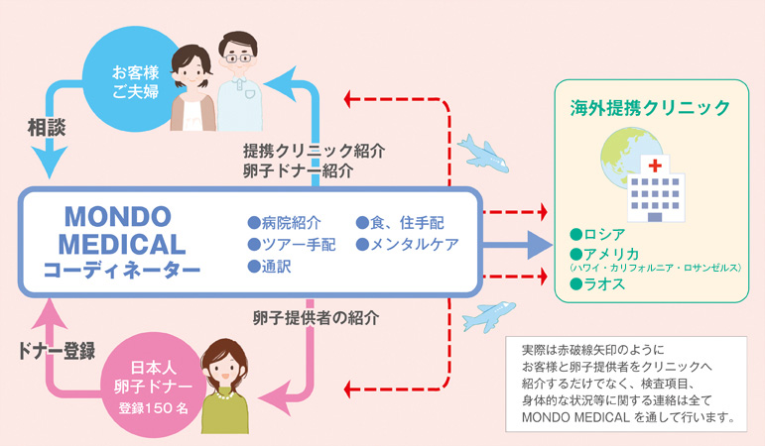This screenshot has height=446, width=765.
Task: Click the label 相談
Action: click(47, 128)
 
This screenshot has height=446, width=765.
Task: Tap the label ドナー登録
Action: click(57, 351)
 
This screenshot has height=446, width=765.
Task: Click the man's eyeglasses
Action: click(238, 58)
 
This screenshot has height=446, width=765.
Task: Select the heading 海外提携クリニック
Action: click(650, 107)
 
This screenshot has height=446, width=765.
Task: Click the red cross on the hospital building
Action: click(655, 166)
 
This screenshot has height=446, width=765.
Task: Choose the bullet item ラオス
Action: click(597, 283)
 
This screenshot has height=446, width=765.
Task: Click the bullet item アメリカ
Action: click(604, 254)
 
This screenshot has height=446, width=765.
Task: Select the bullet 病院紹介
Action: click(285, 223)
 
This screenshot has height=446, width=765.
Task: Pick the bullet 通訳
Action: click(269, 267)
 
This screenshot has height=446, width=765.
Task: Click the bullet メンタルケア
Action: click(408, 244)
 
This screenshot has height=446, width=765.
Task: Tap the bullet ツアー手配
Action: click(292, 244)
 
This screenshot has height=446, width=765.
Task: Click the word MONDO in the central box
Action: click(118, 216)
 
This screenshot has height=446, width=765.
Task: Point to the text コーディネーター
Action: click(122, 270)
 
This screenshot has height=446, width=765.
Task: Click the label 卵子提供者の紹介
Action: click(317, 318)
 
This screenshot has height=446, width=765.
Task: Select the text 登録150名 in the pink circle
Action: click(153, 407)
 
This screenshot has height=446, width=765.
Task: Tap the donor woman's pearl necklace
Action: click(225, 396)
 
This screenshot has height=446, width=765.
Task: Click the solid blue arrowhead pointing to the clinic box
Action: click(540, 245)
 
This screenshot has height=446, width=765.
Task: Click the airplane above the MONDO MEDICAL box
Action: click(483, 153)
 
